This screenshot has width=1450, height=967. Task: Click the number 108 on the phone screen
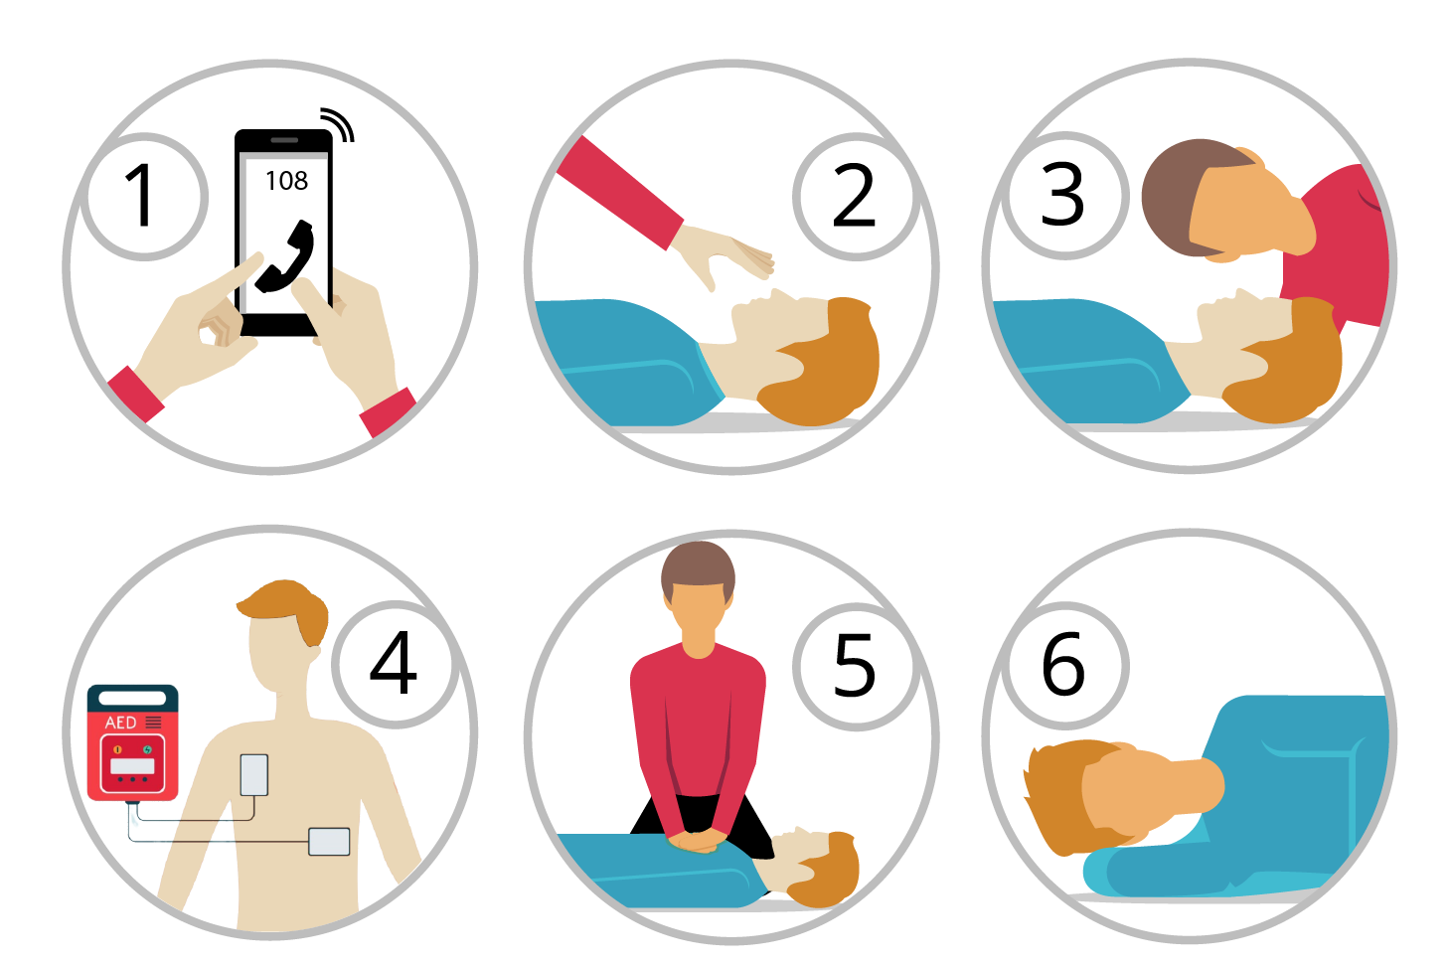point(287,181)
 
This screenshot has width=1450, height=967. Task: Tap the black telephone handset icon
point(285,257)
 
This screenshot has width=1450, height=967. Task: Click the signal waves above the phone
point(337,124)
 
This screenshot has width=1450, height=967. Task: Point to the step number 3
point(1062,194)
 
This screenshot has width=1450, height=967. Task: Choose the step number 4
point(393,662)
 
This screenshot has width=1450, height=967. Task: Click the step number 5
point(855,665)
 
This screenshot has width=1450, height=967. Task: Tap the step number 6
point(1062,664)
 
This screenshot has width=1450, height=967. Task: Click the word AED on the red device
point(121,723)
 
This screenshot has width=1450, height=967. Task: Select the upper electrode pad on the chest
point(254,775)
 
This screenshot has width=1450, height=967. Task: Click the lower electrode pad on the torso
point(330,842)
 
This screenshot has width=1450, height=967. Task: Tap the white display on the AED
point(133,766)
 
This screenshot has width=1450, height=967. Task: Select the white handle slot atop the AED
point(133,699)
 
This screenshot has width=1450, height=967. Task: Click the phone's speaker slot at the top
point(284,140)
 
